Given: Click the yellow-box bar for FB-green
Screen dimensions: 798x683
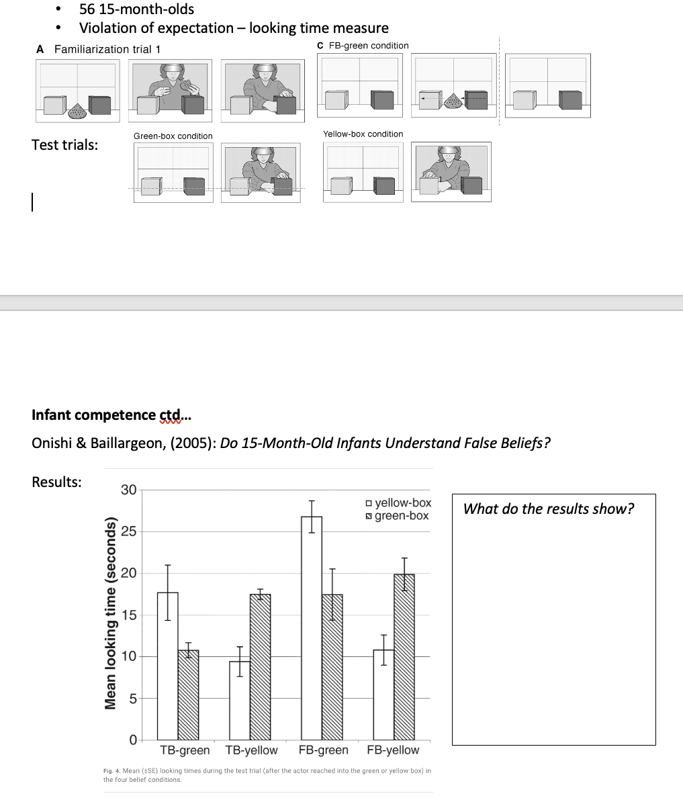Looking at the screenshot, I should click(312, 628).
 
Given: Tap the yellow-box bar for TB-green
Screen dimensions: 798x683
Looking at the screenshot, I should click(167, 665).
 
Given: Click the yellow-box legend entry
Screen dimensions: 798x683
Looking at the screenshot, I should click(398, 503).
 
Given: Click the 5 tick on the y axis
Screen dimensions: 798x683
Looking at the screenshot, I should click(132, 699).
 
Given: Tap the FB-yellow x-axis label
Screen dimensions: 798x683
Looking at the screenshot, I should click(393, 750).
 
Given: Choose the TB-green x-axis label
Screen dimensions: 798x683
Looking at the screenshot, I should click(185, 750).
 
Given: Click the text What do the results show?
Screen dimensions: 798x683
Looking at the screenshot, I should click(549, 508).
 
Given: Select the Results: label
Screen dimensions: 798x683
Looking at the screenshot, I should click(57, 482).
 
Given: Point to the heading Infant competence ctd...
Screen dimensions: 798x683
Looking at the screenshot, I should click(111, 414).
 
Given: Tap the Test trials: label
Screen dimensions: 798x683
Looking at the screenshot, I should click(64, 144).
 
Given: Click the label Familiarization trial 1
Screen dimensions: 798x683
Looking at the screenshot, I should click(107, 49).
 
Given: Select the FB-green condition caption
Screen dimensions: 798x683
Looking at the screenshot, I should click(367, 46).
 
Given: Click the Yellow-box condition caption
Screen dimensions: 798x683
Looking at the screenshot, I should click(363, 134).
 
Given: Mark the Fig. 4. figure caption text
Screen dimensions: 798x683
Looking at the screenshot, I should click(267, 774).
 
